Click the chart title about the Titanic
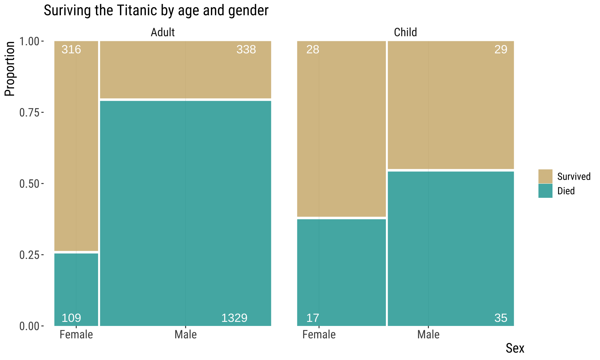156,10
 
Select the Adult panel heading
162,32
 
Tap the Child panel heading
405,32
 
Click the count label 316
71,49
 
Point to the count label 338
246,49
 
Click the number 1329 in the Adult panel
234,318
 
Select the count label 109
71,318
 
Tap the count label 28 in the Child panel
312,49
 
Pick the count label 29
501,49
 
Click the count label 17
312,318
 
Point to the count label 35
501,318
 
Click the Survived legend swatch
545,176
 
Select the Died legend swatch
545,191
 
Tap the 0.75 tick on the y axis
30,112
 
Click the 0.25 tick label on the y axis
30,255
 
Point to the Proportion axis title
10,69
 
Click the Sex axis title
515,348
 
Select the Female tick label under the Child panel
319,335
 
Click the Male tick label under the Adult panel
186,335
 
